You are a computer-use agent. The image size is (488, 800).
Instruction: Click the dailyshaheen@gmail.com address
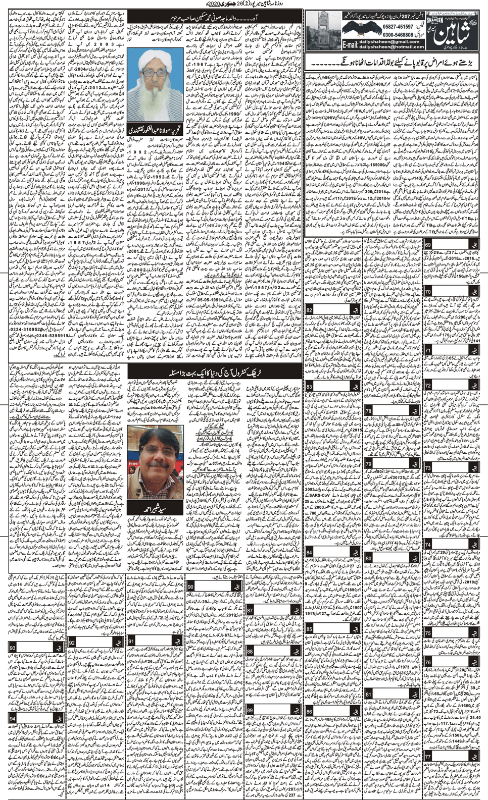pos(391,42)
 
